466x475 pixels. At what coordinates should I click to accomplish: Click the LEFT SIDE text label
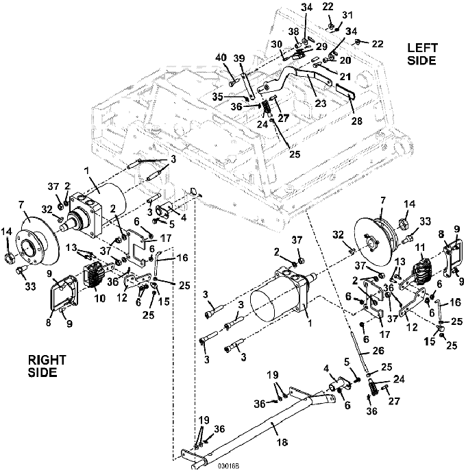(422, 54)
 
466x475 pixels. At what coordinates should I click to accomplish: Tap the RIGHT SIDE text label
(47, 366)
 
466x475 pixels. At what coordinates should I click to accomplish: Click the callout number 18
(282, 442)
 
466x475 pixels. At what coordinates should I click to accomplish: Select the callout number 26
(378, 350)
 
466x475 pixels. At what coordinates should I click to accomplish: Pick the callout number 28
(356, 121)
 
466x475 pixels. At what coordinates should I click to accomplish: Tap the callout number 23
(320, 103)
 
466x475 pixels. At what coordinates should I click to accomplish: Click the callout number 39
(239, 58)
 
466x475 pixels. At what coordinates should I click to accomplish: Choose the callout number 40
(222, 58)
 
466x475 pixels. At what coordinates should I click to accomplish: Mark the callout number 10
(100, 298)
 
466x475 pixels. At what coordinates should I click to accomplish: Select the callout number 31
(347, 16)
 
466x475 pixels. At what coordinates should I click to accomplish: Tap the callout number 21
(345, 77)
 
